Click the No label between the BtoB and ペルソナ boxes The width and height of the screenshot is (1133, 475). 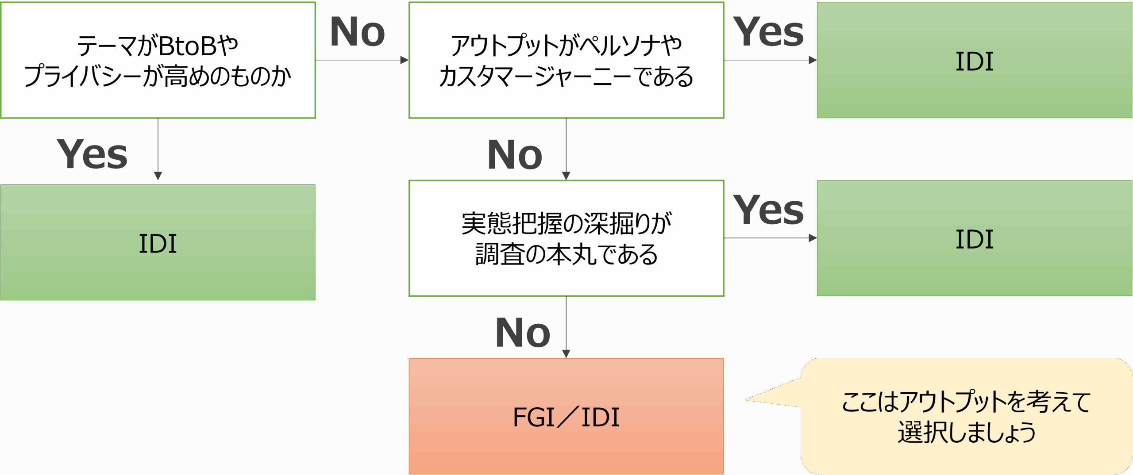358,32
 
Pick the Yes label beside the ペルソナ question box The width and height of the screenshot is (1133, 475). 768,32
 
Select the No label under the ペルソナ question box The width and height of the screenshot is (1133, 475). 515,155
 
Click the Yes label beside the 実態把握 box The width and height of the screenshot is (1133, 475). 768,211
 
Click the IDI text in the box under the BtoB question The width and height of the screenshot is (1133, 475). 158,244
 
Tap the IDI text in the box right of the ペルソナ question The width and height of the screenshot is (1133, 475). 974,61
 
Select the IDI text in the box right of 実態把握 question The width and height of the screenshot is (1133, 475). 974,240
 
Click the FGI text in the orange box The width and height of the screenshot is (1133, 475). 533,417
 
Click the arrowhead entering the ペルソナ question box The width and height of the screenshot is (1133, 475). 404,60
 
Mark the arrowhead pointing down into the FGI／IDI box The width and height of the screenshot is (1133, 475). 566,353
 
